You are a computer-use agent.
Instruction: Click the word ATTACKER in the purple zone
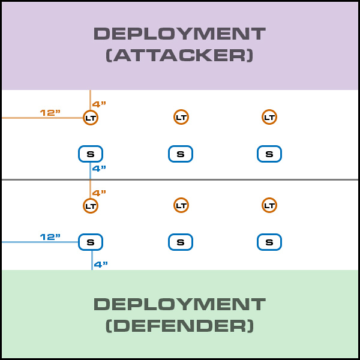pyautogui.click(x=179, y=56)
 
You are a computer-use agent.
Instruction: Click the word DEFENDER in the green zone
pyautogui.click(x=179, y=326)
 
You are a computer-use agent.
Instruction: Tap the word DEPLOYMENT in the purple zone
pyautogui.click(x=179, y=34)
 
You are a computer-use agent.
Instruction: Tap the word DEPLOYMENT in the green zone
pyautogui.click(x=179, y=304)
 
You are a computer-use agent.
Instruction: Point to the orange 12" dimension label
pyautogui.click(x=50, y=112)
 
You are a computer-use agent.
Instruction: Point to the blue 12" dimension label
pyautogui.click(x=50, y=237)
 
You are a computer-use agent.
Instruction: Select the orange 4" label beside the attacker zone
pyautogui.click(x=100, y=104)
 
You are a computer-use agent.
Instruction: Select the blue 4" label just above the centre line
pyautogui.click(x=100, y=169)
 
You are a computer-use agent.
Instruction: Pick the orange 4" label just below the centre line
pyautogui.click(x=100, y=193)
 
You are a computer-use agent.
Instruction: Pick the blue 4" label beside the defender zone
pyautogui.click(x=101, y=263)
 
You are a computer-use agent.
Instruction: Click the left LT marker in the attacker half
pyautogui.click(x=91, y=118)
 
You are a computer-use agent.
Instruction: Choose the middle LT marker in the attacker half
pyautogui.click(x=181, y=117)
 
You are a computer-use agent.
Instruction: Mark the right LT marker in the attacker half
pyautogui.click(x=269, y=117)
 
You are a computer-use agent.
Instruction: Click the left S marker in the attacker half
pyautogui.click(x=91, y=154)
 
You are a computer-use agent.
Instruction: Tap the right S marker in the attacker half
pyautogui.click(x=269, y=154)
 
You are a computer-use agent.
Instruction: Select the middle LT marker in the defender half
pyautogui.click(x=181, y=205)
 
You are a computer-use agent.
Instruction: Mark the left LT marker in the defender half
pyautogui.click(x=91, y=206)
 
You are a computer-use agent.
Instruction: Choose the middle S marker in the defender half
pyautogui.click(x=181, y=242)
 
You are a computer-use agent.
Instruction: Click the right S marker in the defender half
pyautogui.click(x=269, y=242)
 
